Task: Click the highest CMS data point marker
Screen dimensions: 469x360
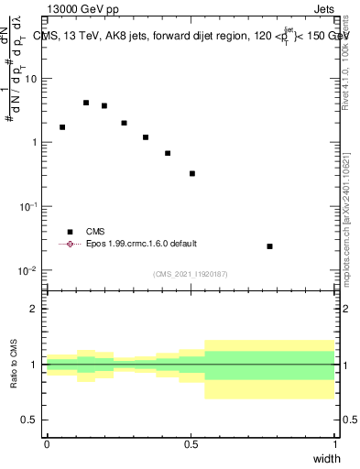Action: coord(86,103)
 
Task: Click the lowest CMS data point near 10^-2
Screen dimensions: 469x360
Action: coord(269,246)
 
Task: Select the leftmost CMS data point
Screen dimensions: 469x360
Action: coord(62,127)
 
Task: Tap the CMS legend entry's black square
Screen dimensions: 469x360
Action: coord(70,232)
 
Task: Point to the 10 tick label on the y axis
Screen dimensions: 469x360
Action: coord(31,79)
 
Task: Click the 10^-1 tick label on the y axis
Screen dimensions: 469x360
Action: coord(28,207)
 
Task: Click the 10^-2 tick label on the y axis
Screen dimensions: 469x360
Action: coord(28,271)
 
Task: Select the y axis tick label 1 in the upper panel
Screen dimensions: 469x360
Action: coord(35,143)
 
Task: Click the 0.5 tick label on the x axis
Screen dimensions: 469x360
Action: coord(191,444)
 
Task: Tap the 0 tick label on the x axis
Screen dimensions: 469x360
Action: coord(47,444)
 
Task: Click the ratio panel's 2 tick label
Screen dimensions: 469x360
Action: coord(35,309)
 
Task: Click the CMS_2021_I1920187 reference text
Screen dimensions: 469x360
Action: coord(191,273)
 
